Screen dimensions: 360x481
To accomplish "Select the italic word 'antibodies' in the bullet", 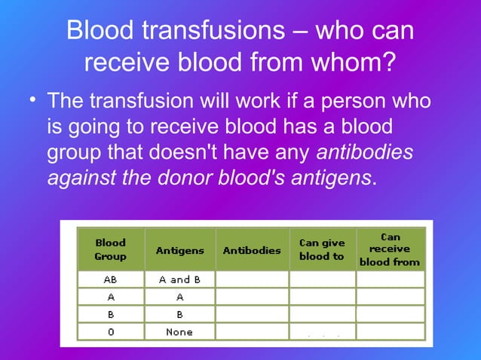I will click(365, 152).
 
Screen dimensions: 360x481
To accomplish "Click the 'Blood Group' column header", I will click(110, 249).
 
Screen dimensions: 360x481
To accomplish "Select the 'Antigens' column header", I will click(179, 250).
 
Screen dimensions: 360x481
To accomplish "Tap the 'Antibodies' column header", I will click(251, 250).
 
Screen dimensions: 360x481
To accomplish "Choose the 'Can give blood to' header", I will click(322, 249).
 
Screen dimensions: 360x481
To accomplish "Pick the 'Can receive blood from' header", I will click(390, 249).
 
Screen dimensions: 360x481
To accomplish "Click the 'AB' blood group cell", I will click(110, 279).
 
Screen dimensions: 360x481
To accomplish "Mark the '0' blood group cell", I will click(110, 331).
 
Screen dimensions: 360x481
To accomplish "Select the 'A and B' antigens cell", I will click(179, 279).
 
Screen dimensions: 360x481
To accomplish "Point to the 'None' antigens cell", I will click(179, 331).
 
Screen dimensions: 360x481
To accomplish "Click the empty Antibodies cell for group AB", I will click(251, 279).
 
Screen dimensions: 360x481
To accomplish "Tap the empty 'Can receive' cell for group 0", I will click(390, 331).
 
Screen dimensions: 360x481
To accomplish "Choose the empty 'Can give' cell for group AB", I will click(322, 279).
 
